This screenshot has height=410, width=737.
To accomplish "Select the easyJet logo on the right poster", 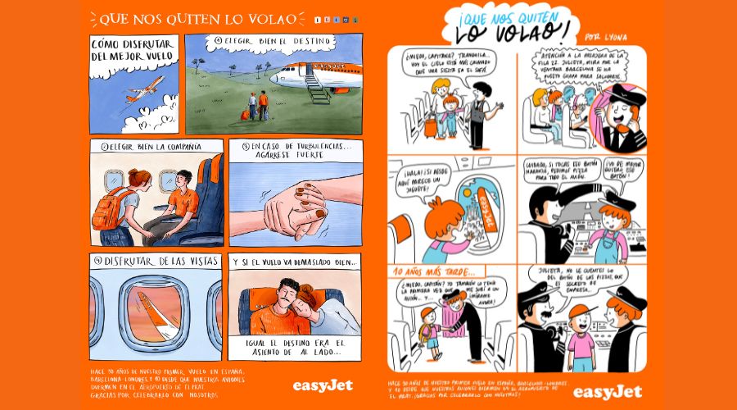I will (x=607, y=391).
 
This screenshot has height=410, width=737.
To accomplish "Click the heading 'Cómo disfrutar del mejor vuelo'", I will (x=132, y=51).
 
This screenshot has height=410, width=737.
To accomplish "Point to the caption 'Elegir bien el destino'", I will (x=263, y=40).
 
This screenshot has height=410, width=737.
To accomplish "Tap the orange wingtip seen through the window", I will (x=161, y=310).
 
